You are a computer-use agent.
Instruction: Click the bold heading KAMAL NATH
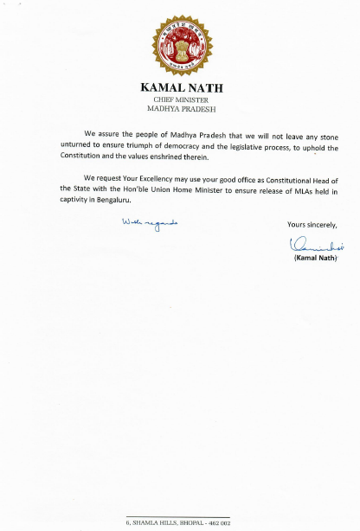181,88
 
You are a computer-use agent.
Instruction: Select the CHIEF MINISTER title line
181,100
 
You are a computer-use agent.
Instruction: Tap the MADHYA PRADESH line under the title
181,109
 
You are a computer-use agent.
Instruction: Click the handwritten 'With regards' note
149,223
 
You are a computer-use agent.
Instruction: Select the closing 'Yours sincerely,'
312,225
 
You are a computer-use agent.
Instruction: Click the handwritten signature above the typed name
311,246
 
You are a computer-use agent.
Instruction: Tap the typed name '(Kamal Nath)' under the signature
310,259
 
